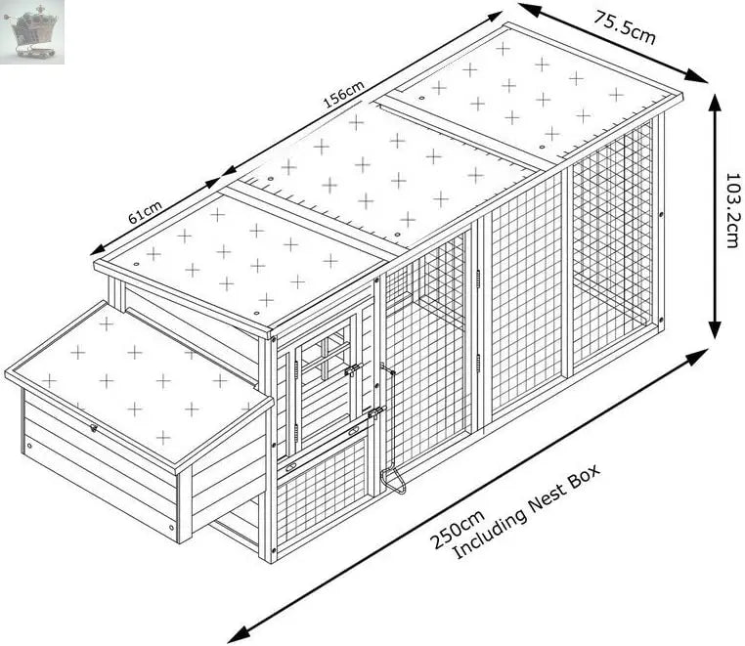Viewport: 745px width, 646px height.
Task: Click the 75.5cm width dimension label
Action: click(x=623, y=25)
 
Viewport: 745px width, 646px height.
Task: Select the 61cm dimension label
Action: click(x=145, y=210)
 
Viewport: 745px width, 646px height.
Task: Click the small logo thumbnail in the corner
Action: click(x=33, y=32)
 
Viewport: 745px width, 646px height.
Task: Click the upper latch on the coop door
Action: click(x=354, y=369)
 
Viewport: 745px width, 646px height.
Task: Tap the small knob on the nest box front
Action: click(x=94, y=428)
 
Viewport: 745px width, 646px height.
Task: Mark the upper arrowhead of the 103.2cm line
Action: click(x=716, y=101)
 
